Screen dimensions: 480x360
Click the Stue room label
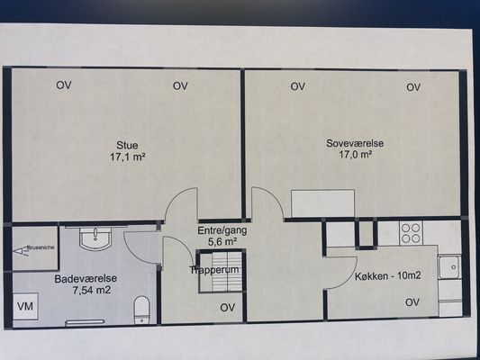(127, 145)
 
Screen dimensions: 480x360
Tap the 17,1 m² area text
(127, 157)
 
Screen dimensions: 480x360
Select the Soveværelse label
(355, 143)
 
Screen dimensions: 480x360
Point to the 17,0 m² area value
(355, 155)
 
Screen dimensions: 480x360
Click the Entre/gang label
(222, 230)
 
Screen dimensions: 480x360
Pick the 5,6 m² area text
(222, 242)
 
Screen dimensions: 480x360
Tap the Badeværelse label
(86, 279)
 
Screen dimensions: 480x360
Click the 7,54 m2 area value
(92, 290)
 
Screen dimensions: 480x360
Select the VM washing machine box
(25, 306)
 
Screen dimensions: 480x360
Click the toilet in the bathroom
(141, 310)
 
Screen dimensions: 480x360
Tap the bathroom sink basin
(95, 238)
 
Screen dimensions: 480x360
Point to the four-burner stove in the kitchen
(411, 233)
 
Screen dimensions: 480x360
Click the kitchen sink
(449, 266)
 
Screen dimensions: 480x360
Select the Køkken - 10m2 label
(388, 276)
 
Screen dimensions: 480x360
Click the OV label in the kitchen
(412, 302)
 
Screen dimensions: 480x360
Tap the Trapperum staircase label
(214, 270)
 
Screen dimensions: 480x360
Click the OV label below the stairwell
(228, 308)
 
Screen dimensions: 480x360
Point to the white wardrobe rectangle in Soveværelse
(323, 203)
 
